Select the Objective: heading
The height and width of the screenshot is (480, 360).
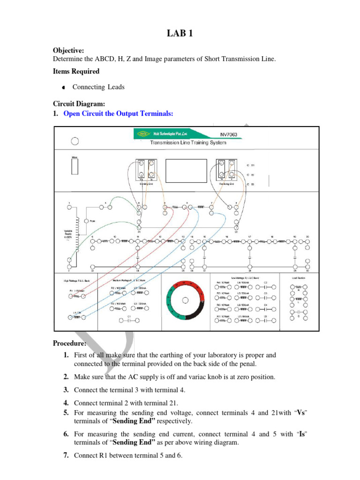[68, 50]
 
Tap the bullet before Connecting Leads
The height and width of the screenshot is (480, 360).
[63, 88]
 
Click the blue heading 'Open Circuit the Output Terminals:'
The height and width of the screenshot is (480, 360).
[118, 113]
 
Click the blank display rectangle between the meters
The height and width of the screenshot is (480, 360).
[186, 172]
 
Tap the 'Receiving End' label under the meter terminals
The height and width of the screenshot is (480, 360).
[227, 184]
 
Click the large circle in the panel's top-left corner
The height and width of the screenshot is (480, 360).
[74, 141]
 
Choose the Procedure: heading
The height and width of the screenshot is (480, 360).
[69, 344]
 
